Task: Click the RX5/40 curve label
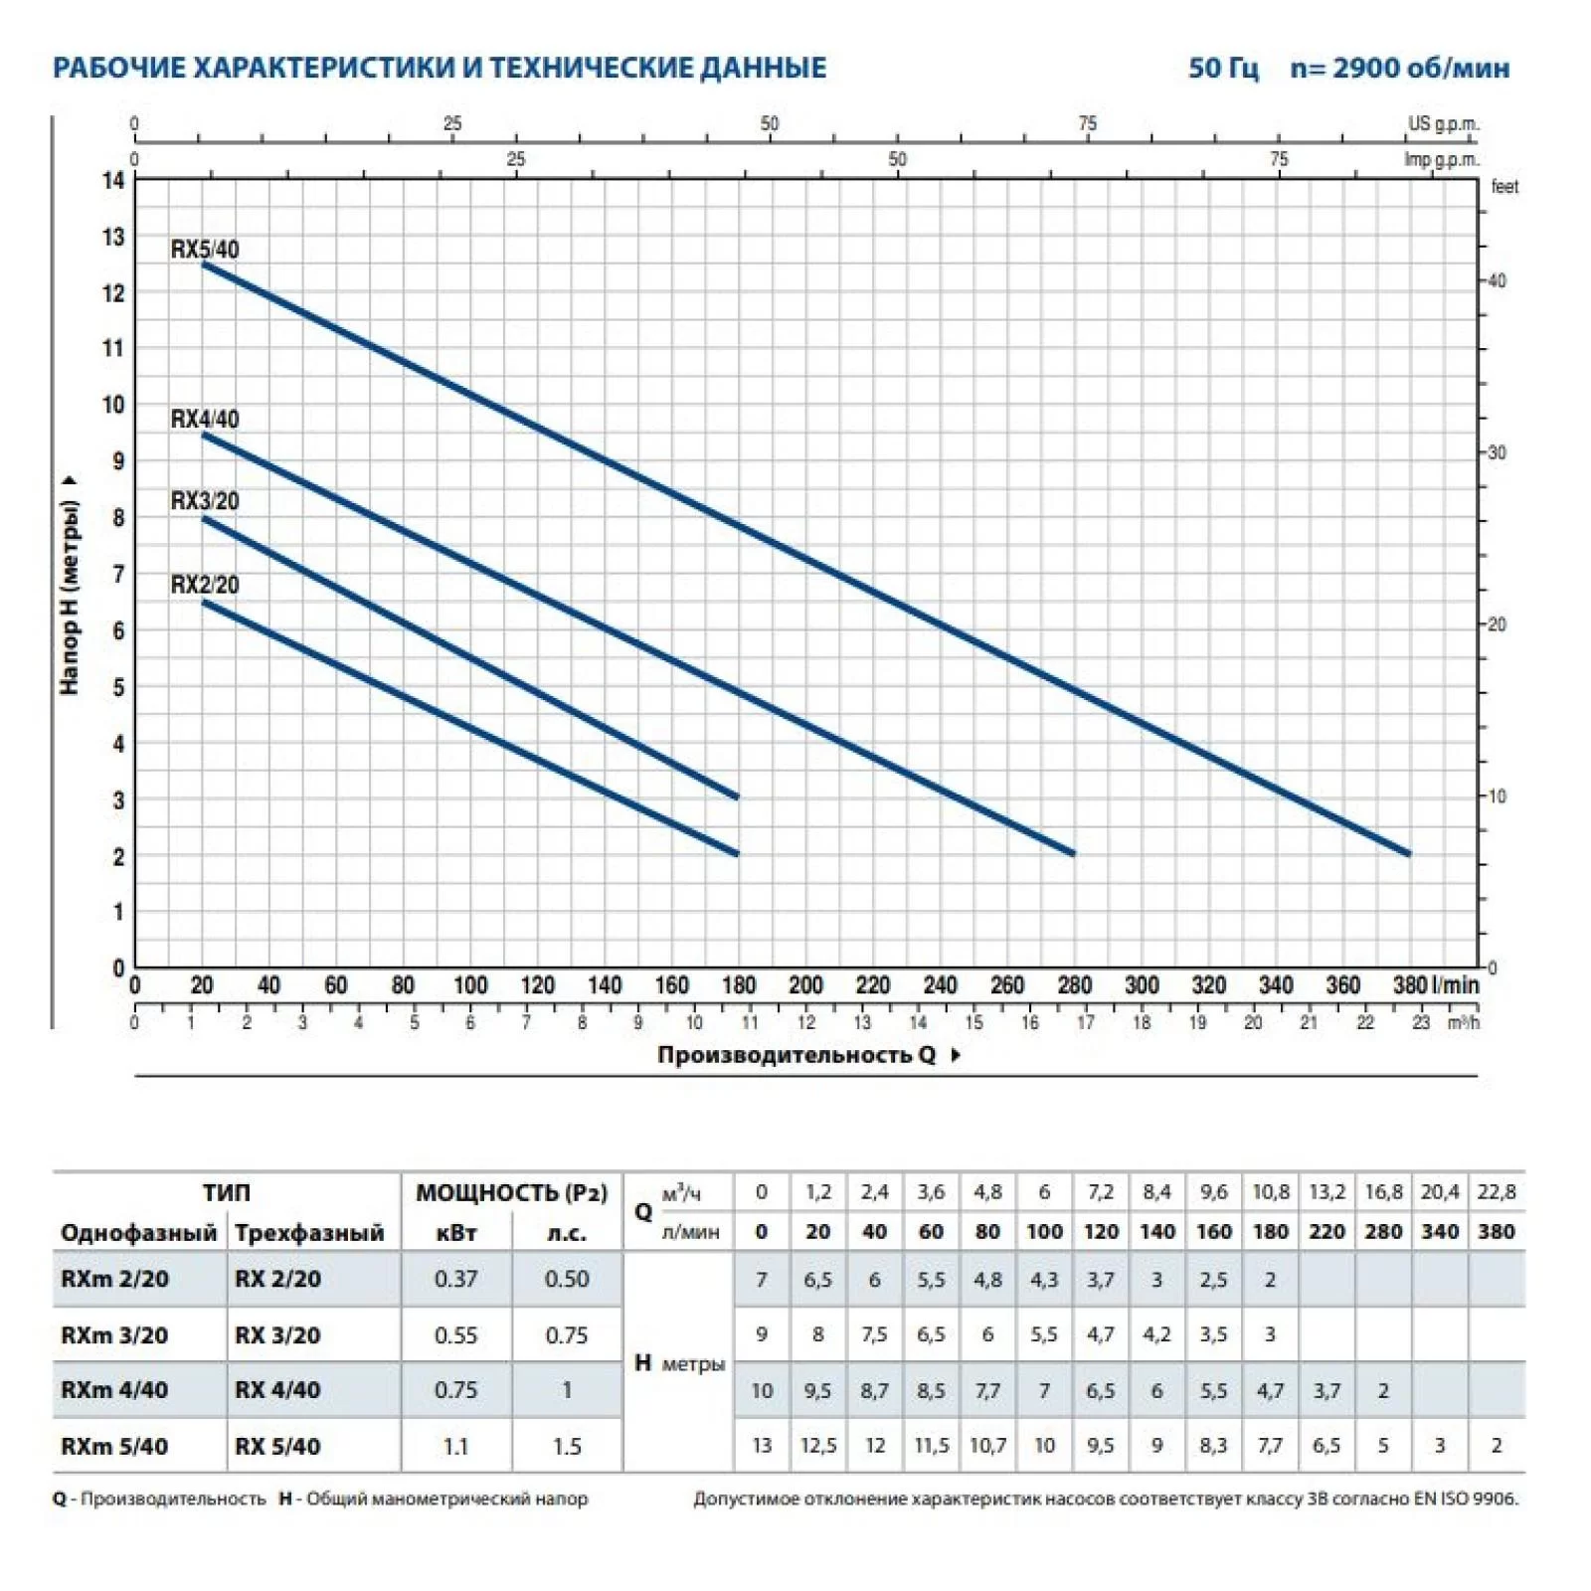tap(205, 250)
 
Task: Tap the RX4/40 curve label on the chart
tap(205, 420)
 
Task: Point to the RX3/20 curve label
tap(205, 501)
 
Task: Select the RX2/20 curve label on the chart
tap(205, 585)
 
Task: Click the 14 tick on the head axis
tap(113, 181)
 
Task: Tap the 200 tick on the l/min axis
tap(805, 985)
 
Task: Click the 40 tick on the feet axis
tap(1497, 281)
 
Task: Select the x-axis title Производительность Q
tap(796, 1055)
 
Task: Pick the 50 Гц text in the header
tap(1223, 69)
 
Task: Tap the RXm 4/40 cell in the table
tap(114, 1390)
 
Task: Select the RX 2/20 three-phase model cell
tap(277, 1280)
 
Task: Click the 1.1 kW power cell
tap(455, 1447)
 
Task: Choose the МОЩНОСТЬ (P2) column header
tap(511, 1193)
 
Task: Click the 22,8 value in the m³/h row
tap(1496, 1192)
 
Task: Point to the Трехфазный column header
tap(309, 1234)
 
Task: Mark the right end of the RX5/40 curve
tap(1408, 853)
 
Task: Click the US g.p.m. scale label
tap(1443, 124)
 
